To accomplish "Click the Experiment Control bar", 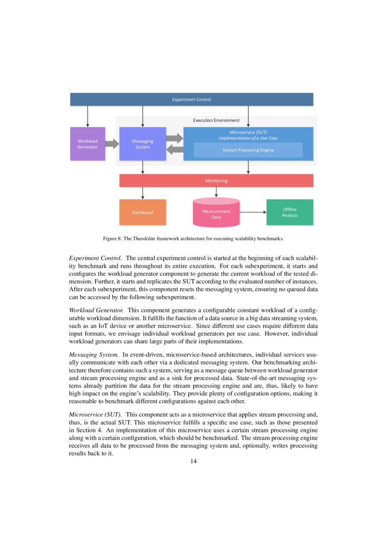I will (x=191, y=99).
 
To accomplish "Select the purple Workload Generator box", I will (x=88, y=144).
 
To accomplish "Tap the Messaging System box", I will (x=142, y=144).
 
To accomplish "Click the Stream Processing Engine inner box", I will (x=248, y=150).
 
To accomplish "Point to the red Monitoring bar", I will (x=216, y=181).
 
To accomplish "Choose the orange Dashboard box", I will (x=142, y=212).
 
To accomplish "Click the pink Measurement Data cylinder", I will (x=216, y=213).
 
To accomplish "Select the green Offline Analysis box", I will (x=289, y=212).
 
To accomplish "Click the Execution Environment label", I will (x=216, y=120).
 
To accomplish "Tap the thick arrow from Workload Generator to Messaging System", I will (x=112, y=144).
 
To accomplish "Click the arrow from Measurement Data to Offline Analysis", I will (x=253, y=212).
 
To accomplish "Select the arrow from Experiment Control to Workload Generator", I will (x=88, y=117).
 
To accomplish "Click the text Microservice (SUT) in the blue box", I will (x=248, y=132).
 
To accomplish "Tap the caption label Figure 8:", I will (x=112, y=239).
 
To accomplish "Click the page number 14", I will (x=193, y=462).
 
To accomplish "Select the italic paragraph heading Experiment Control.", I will (x=95, y=258).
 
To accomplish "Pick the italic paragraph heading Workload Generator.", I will (x=96, y=310).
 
